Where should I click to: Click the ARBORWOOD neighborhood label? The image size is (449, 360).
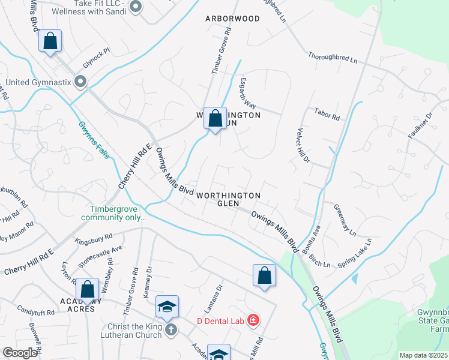point(232,19)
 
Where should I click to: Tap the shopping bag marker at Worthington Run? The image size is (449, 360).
point(215,118)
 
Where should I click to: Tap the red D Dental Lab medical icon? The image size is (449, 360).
point(253,320)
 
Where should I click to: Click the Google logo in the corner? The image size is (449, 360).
point(20,352)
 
